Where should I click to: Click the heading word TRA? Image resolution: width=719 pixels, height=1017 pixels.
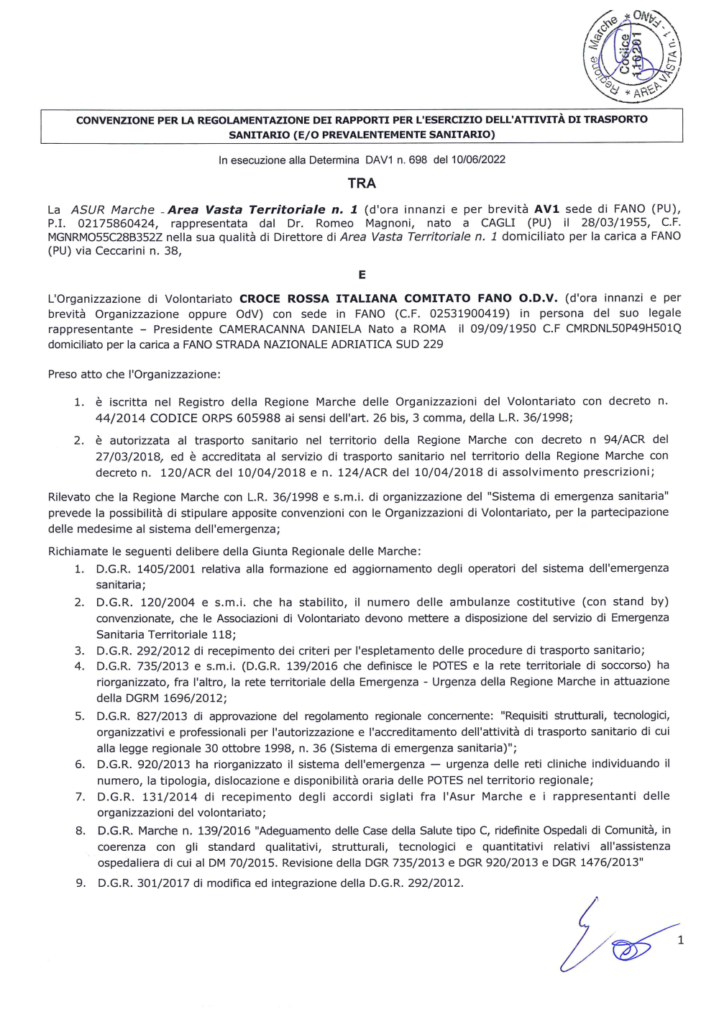(362, 183)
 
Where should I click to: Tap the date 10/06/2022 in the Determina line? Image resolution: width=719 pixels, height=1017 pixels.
(478, 160)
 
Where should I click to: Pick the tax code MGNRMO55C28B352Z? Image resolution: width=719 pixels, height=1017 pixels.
(105, 237)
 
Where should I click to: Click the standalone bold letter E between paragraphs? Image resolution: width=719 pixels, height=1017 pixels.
(362, 275)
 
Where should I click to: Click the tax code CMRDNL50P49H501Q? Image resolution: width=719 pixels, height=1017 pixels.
(623, 328)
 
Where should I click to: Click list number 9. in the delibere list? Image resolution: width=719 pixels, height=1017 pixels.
(81, 883)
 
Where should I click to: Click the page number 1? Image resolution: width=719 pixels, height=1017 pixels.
(680, 940)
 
